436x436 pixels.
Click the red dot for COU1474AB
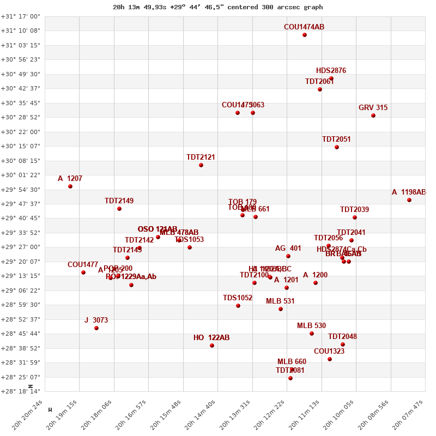pos(305,35)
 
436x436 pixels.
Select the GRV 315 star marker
pos(373,116)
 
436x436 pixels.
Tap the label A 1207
pos(70,179)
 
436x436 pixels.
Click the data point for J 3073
pos(96,328)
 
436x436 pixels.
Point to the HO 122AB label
pos(211,338)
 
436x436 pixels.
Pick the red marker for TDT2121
pos(201,165)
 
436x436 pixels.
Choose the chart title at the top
pos(218,7)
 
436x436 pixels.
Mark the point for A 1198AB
pos(409,200)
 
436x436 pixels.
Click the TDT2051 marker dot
pos(337,147)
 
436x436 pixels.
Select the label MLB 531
pos(280,301)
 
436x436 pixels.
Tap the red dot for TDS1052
pos(238,306)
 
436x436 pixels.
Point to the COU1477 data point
pos(83,272)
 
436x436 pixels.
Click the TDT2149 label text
pos(119,201)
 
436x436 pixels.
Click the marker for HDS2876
pos(331,78)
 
